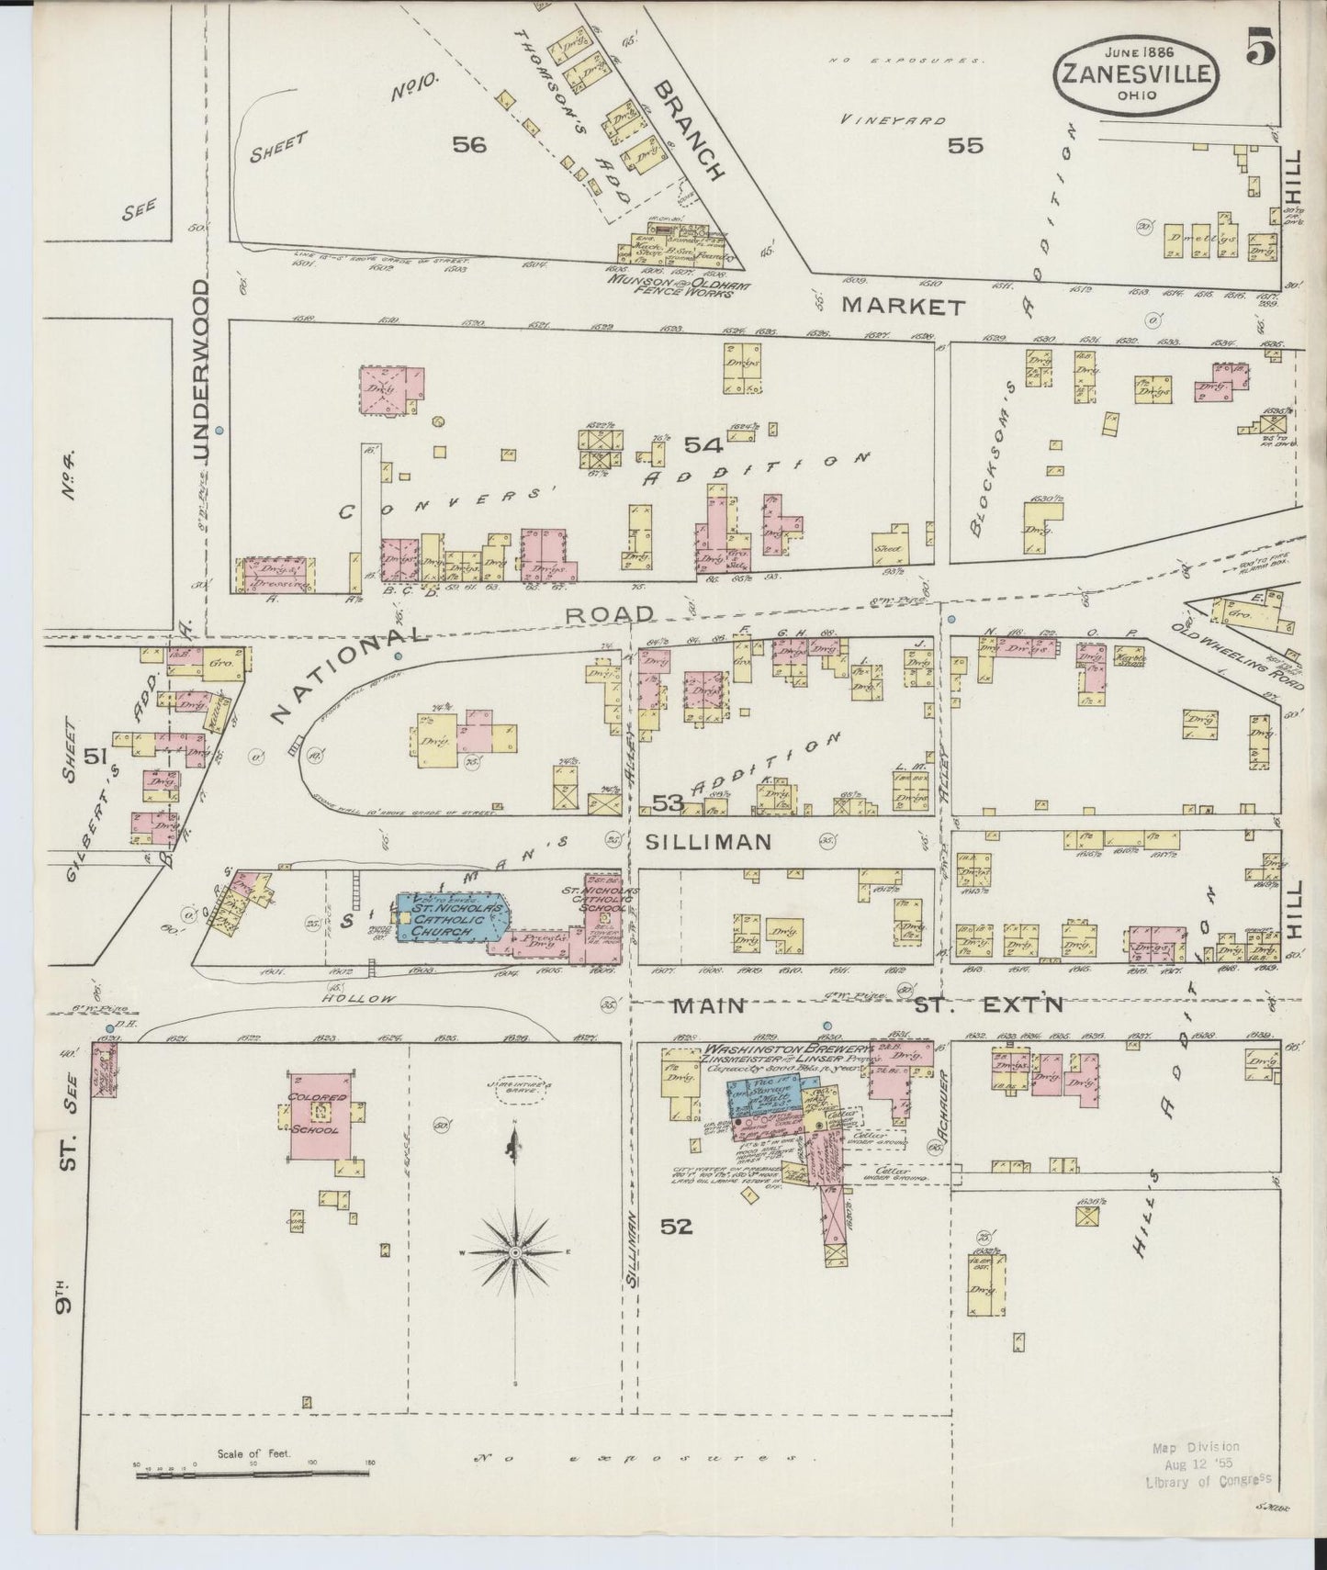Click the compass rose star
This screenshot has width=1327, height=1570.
pos(515,1251)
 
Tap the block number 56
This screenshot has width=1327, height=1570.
pos(467,143)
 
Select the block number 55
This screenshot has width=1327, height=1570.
pos(965,145)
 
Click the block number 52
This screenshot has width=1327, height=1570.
pos(680,1227)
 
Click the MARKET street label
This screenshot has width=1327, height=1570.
pos(903,307)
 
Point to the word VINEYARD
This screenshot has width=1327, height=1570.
pos(894,120)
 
